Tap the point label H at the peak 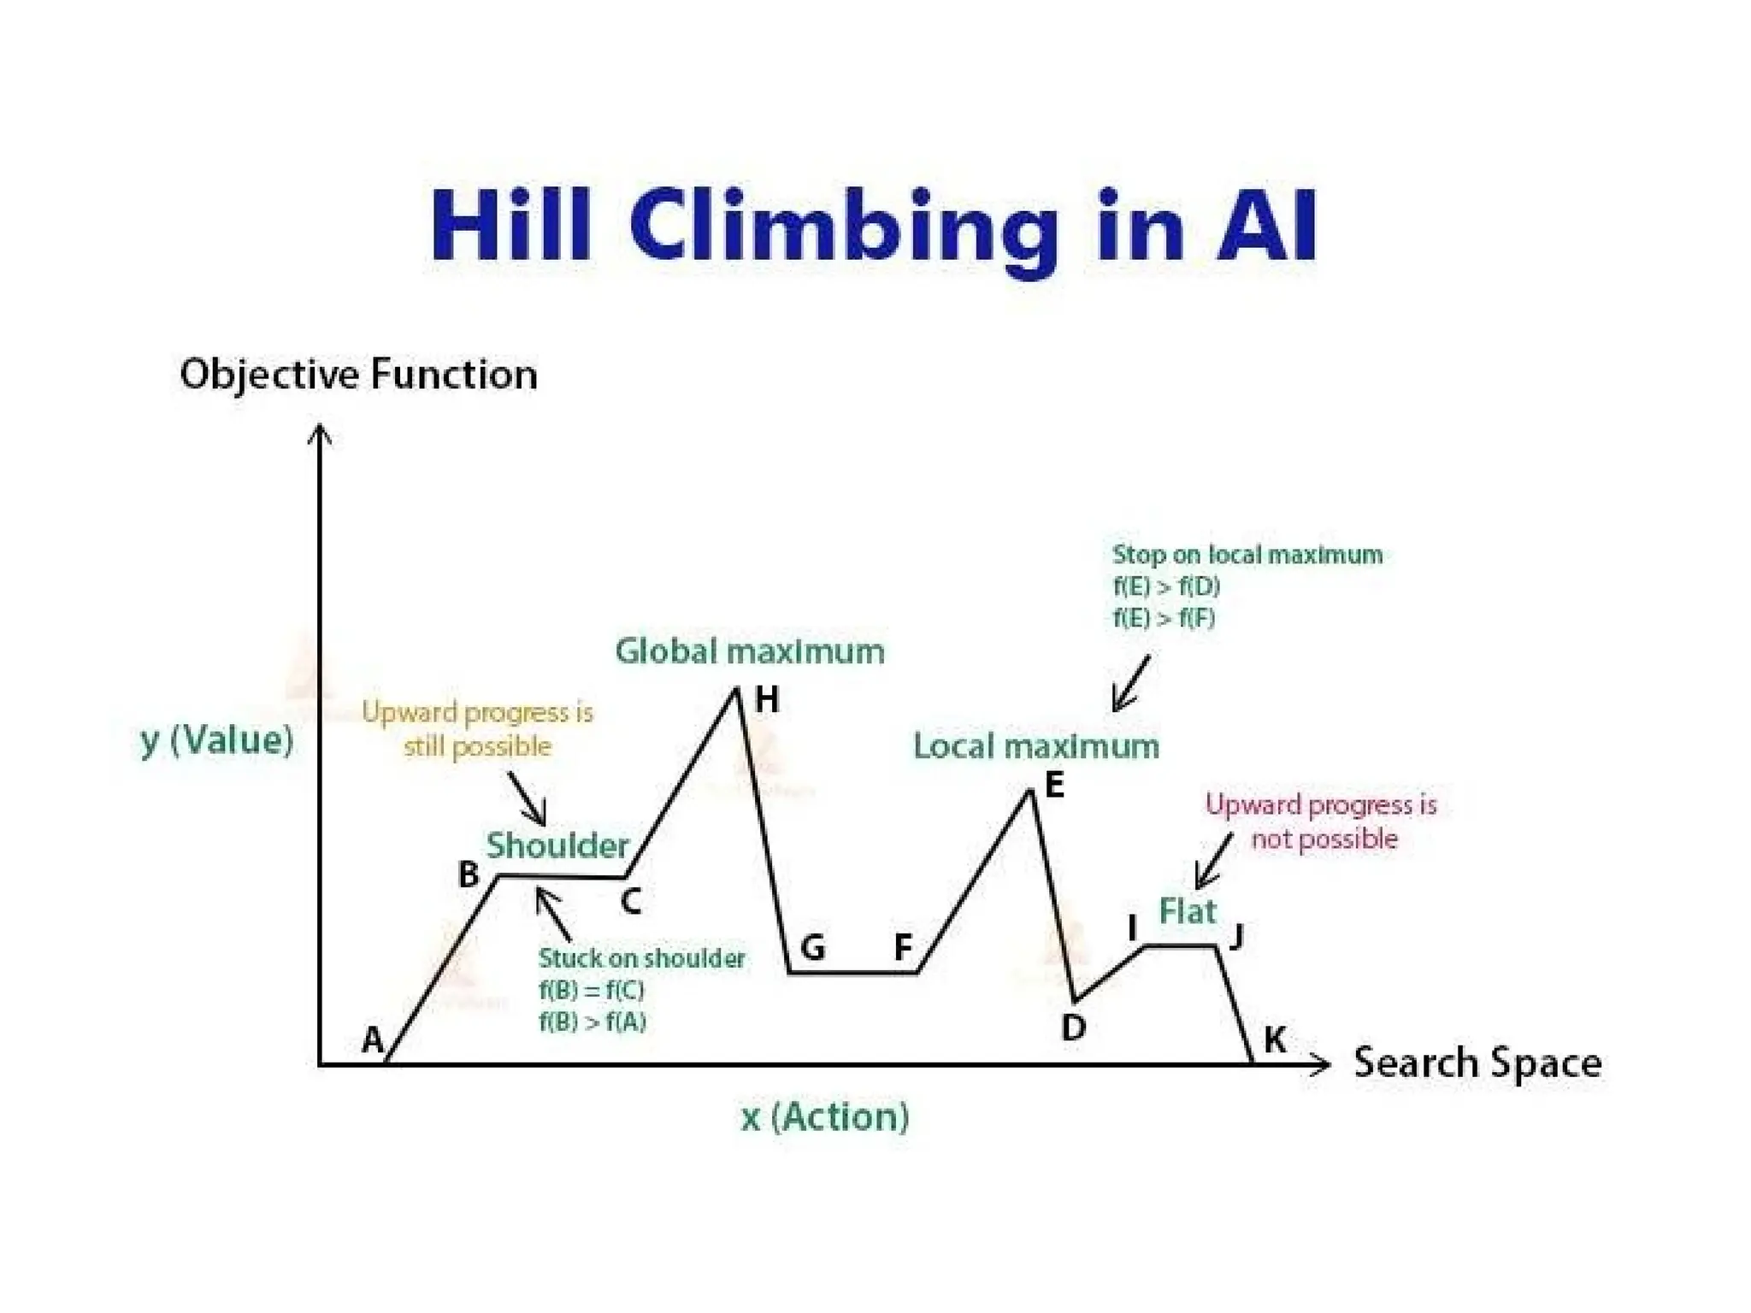click(x=767, y=700)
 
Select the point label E click(x=1055, y=785)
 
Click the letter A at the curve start click(x=373, y=1040)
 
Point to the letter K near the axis click(x=1274, y=1040)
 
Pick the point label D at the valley click(x=1073, y=1027)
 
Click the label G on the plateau click(x=812, y=948)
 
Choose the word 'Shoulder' click(x=557, y=845)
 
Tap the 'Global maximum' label click(x=750, y=651)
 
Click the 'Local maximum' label click(x=1036, y=746)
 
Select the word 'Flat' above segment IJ click(x=1187, y=911)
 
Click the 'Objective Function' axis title click(x=358, y=374)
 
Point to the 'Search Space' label click(x=1477, y=1063)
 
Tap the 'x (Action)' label click(x=825, y=1116)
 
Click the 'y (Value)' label click(x=217, y=740)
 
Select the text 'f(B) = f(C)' click(x=591, y=990)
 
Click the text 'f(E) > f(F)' click(x=1164, y=617)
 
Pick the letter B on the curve click(x=469, y=874)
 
